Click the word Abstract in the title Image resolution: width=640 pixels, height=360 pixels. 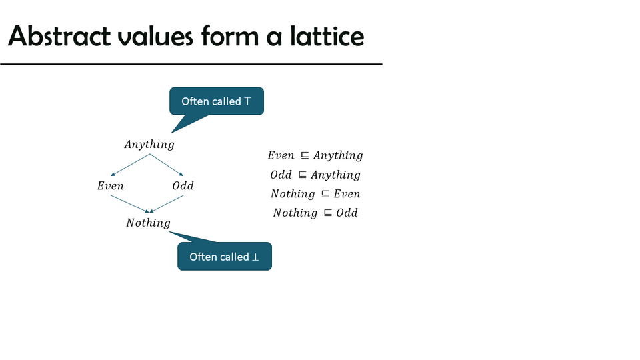pyautogui.click(x=59, y=36)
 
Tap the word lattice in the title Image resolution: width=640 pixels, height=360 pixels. pyautogui.click(x=327, y=36)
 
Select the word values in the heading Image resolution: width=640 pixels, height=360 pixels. pyautogui.click(x=155, y=36)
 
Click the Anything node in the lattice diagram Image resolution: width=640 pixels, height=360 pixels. pyautogui.click(x=149, y=145)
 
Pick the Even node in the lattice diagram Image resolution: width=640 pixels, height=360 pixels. pyautogui.click(x=110, y=186)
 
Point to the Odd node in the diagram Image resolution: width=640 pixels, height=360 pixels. pyautogui.click(x=183, y=186)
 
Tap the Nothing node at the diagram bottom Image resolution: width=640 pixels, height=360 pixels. pyautogui.click(x=148, y=223)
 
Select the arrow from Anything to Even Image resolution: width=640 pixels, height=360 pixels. pyautogui.click(x=130, y=165)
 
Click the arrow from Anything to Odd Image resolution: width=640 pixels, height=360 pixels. pyautogui.click(x=167, y=165)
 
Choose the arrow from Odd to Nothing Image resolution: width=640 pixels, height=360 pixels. pyautogui.click(x=167, y=204)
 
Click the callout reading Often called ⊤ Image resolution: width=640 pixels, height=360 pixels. pyautogui.click(x=217, y=101)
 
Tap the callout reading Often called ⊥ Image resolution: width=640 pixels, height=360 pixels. pyautogui.click(x=225, y=256)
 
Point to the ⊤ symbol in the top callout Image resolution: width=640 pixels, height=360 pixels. pyautogui.click(x=247, y=101)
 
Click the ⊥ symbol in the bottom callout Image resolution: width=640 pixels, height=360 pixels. pyautogui.click(x=255, y=257)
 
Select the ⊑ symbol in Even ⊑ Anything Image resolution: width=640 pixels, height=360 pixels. pyautogui.click(x=305, y=155)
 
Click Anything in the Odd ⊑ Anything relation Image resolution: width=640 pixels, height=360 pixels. pyautogui.click(x=335, y=175)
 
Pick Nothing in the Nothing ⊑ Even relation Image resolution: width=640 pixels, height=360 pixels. pyautogui.click(x=293, y=194)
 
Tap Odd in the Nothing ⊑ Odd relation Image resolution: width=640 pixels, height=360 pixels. pyautogui.click(x=347, y=213)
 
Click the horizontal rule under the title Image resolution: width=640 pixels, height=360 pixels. pyautogui.click(x=191, y=64)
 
